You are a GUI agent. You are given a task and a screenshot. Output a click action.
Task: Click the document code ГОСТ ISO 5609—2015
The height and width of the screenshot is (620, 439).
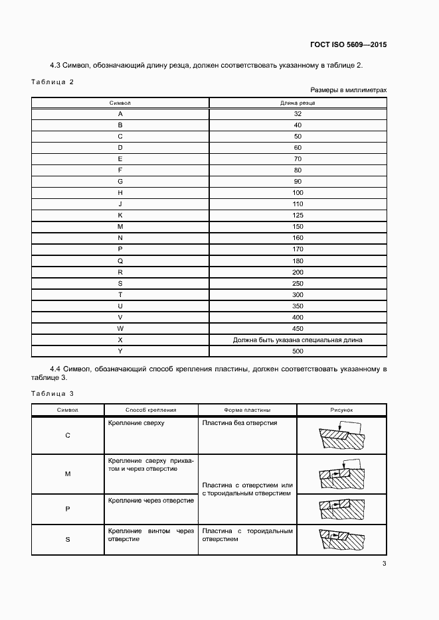[348, 45]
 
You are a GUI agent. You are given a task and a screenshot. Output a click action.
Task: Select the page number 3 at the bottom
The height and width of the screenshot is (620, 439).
[384, 564]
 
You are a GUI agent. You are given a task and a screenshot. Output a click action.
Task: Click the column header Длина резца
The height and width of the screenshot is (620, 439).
[298, 103]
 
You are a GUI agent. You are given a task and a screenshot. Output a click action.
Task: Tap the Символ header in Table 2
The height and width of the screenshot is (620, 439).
[120, 103]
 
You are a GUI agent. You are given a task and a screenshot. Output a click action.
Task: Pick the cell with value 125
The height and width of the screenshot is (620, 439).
[298, 216]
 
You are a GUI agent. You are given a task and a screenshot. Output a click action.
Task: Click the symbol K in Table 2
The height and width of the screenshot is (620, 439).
[120, 216]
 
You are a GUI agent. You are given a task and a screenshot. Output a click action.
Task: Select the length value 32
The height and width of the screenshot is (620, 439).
[298, 113]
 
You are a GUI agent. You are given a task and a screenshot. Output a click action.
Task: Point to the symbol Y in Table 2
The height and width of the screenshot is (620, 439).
[120, 351]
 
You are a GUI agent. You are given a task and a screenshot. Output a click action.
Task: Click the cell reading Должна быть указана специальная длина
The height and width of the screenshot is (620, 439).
[298, 340]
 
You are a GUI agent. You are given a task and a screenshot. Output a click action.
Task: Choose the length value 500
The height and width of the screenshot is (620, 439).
[298, 351]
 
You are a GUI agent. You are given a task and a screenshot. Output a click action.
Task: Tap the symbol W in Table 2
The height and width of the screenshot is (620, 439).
[120, 328]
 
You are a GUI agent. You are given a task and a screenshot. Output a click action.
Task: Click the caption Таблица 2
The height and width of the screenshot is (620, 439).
[52, 82]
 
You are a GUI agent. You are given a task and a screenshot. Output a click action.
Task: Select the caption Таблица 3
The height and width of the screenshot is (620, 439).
[52, 394]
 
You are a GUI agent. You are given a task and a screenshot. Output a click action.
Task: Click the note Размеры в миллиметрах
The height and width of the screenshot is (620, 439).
[348, 90]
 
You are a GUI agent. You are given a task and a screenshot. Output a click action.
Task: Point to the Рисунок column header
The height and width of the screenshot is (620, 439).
[342, 410]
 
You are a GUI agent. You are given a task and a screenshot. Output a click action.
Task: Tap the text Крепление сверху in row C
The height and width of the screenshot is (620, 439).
[135, 422]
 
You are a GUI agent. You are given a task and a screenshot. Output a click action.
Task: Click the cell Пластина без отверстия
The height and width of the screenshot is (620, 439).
[239, 422]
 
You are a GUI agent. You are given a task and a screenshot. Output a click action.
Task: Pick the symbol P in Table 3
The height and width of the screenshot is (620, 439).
[68, 509]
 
